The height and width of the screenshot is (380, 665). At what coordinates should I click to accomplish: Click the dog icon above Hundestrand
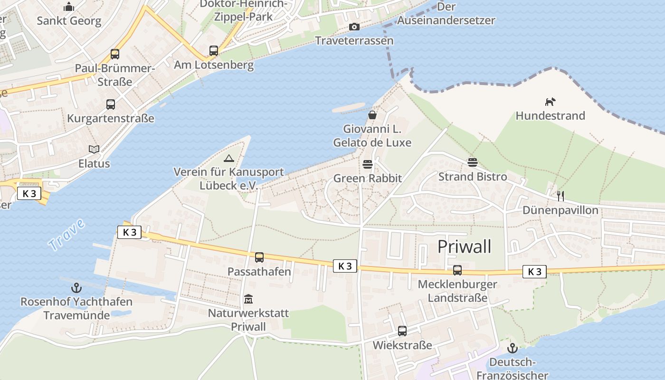pyautogui.click(x=550, y=102)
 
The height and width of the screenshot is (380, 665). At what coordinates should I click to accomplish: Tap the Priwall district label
pyautogui.click(x=464, y=247)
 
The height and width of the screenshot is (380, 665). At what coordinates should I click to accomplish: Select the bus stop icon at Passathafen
pyautogui.click(x=259, y=257)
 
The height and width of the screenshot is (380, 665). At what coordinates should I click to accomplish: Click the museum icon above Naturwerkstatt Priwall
pyautogui.click(x=248, y=299)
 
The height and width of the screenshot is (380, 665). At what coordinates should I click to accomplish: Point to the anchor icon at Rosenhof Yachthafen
pyautogui.click(x=76, y=287)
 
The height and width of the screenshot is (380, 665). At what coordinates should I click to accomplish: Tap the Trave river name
pyautogui.click(x=66, y=235)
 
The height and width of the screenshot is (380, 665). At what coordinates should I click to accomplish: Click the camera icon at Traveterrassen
pyautogui.click(x=354, y=27)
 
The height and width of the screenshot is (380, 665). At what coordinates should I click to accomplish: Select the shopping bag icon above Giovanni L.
pyautogui.click(x=372, y=115)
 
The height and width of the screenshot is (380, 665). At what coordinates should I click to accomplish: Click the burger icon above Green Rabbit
pyautogui.click(x=367, y=164)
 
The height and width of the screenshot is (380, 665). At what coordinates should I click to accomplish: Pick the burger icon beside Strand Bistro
pyautogui.click(x=472, y=162)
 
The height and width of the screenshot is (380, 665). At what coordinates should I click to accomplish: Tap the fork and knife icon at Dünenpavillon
pyautogui.click(x=560, y=196)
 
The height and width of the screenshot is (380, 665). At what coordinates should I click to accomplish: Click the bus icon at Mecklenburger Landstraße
pyautogui.click(x=457, y=270)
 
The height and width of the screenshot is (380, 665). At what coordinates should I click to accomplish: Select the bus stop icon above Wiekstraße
pyautogui.click(x=402, y=331)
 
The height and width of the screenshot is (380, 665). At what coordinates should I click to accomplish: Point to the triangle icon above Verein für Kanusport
pyautogui.click(x=228, y=158)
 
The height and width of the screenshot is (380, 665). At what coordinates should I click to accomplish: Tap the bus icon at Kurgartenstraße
pyautogui.click(x=111, y=104)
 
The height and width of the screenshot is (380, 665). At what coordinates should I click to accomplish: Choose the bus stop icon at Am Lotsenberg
pyautogui.click(x=214, y=51)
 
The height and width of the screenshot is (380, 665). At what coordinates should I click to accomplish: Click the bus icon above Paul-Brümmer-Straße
pyautogui.click(x=115, y=54)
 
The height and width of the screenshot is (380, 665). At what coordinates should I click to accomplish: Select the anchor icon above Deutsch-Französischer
pyautogui.click(x=512, y=348)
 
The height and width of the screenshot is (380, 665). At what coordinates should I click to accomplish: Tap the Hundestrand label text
pyautogui.click(x=550, y=115)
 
